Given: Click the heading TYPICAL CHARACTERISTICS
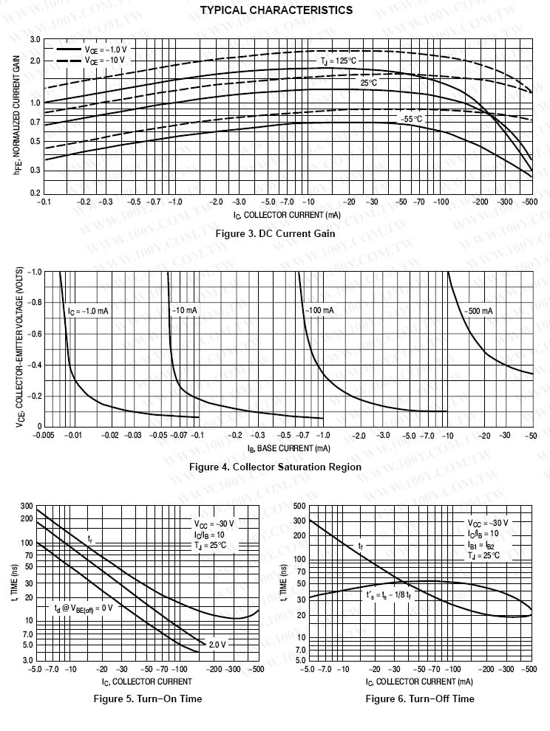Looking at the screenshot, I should coord(276,10).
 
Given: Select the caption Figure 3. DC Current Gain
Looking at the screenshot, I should coord(275,233).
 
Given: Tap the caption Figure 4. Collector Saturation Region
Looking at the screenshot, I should coord(275,467).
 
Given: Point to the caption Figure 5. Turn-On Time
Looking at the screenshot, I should coord(148,699).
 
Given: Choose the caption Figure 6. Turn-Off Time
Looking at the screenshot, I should coord(420,699).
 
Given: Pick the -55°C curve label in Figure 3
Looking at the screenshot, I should coord(411,119).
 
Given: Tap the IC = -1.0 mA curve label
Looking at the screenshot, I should coord(88,311).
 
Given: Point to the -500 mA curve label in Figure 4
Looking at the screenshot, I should coord(479,311).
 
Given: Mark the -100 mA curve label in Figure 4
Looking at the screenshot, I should coord(319,311).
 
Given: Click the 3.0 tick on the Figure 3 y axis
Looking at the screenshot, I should coord(35,38).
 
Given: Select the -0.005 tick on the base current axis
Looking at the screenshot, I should coord(45,436).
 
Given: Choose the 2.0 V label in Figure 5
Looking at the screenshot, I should coord(217,645).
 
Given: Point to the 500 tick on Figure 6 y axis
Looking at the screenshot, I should coord(299,506).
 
